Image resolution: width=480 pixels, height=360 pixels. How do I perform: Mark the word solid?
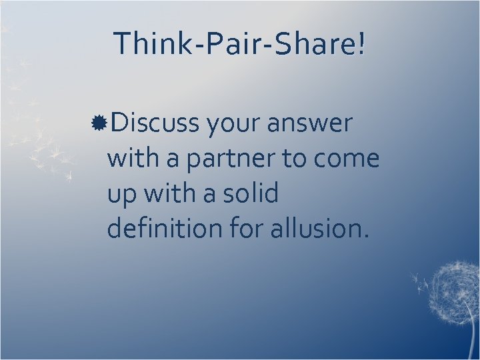tap(251, 194)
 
